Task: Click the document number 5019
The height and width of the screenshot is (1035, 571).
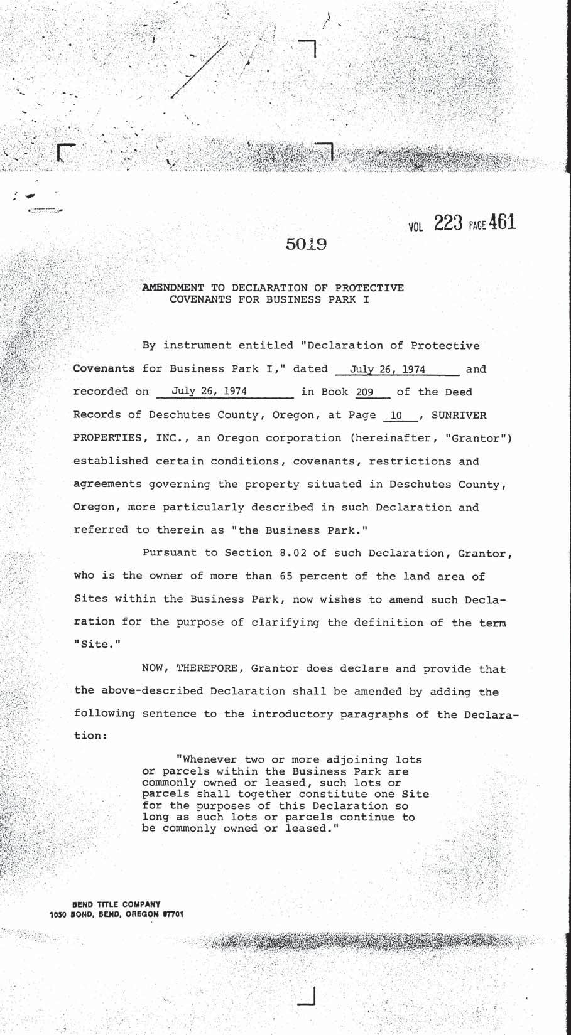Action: [x=306, y=244]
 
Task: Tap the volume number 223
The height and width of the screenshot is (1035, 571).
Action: [x=448, y=223]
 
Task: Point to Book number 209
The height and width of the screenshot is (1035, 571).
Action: [x=364, y=392]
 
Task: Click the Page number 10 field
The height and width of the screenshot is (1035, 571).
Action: [x=396, y=416]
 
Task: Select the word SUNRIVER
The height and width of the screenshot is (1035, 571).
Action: [x=459, y=416]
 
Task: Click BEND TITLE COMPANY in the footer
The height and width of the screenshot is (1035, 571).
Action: [x=116, y=904]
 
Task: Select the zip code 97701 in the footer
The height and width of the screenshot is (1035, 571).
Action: [x=173, y=914]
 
